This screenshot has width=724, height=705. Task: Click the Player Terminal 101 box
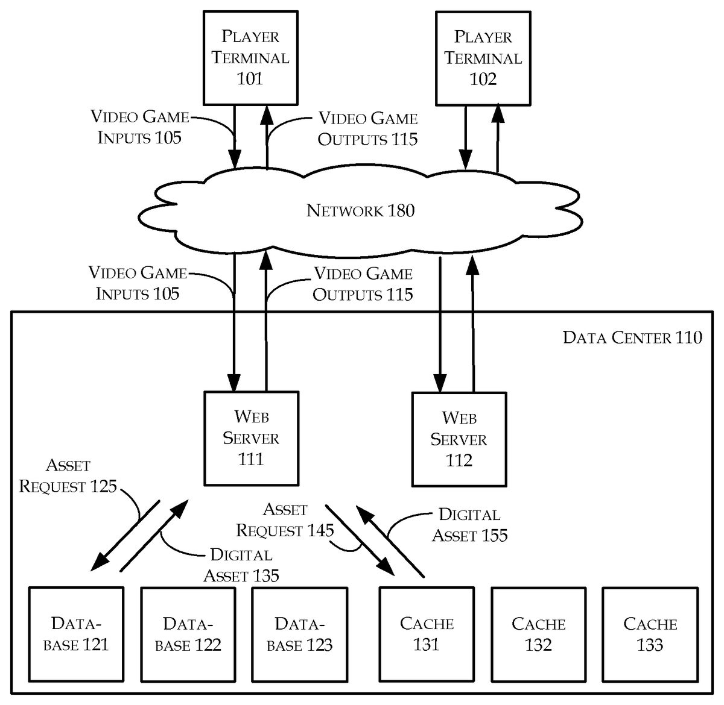pyautogui.click(x=250, y=57)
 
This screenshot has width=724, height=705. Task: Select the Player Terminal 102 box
pyautogui.click(x=483, y=58)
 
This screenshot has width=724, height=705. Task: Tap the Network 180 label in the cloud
pyautogui.click(x=360, y=210)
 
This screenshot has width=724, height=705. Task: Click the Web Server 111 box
pyautogui.click(x=251, y=438)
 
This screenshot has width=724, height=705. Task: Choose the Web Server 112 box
pyautogui.click(x=459, y=439)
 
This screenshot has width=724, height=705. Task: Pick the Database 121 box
pyautogui.click(x=76, y=634)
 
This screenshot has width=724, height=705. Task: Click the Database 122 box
pyautogui.click(x=188, y=634)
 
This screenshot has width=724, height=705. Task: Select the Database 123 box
pyautogui.click(x=300, y=634)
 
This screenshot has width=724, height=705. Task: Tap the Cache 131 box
pyautogui.click(x=427, y=634)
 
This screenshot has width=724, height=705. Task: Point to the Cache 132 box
pyautogui.click(x=538, y=634)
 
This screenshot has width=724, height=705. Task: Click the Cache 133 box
pyautogui.click(x=650, y=634)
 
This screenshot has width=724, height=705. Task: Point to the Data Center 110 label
pyautogui.click(x=632, y=337)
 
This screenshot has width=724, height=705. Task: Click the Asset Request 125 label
pyautogui.click(x=68, y=476)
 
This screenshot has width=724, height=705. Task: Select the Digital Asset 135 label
pyautogui.click(x=241, y=565)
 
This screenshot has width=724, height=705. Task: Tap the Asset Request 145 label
pyautogui.click(x=285, y=520)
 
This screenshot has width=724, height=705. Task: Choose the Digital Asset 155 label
pyautogui.click(x=469, y=525)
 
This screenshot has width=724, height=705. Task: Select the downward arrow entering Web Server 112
pyautogui.click(x=440, y=325)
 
